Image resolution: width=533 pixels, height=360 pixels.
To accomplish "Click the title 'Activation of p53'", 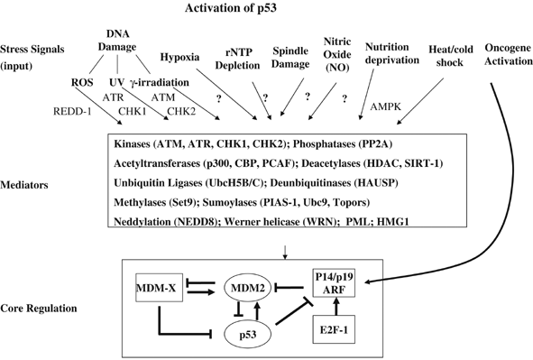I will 256,10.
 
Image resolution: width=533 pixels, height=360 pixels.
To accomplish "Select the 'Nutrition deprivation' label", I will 390,53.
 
